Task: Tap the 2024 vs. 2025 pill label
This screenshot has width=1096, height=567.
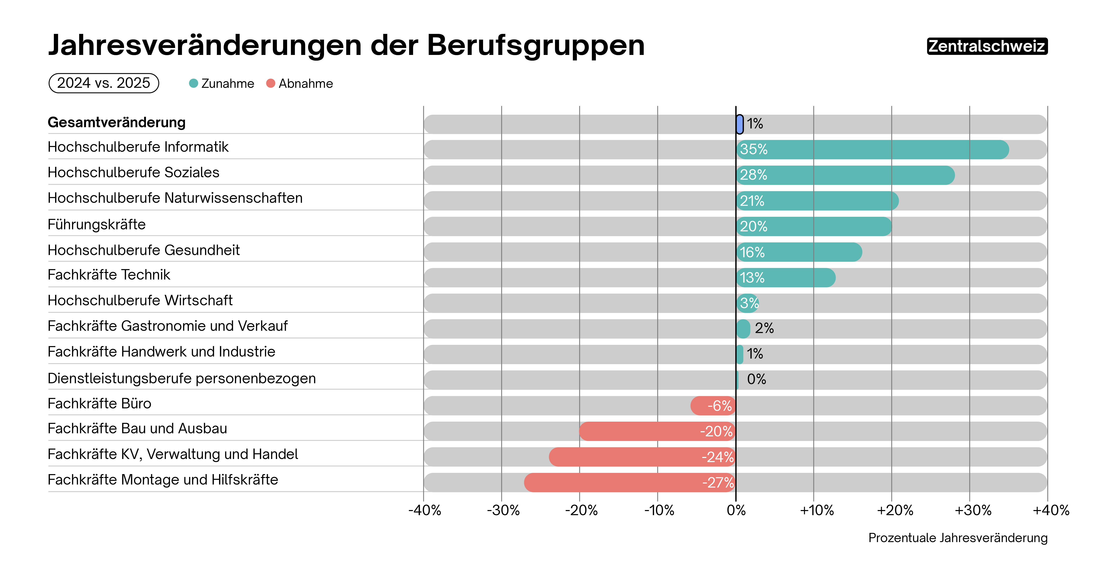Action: [104, 83]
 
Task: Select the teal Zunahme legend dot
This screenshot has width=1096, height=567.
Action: [194, 83]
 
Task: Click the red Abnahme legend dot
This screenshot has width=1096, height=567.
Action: [271, 83]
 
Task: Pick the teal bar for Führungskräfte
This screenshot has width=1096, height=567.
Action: [813, 226]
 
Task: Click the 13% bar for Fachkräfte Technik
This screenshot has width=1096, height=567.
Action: [785, 278]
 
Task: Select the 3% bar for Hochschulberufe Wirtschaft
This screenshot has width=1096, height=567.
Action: [747, 303]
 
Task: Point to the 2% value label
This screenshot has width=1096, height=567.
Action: [764, 328]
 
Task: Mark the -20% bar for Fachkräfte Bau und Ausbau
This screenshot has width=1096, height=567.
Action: [657, 431]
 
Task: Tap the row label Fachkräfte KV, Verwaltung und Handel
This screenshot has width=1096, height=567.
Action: [173, 454]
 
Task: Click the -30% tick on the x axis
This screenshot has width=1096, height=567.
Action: [503, 510]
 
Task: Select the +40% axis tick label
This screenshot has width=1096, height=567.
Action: [1050, 510]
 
